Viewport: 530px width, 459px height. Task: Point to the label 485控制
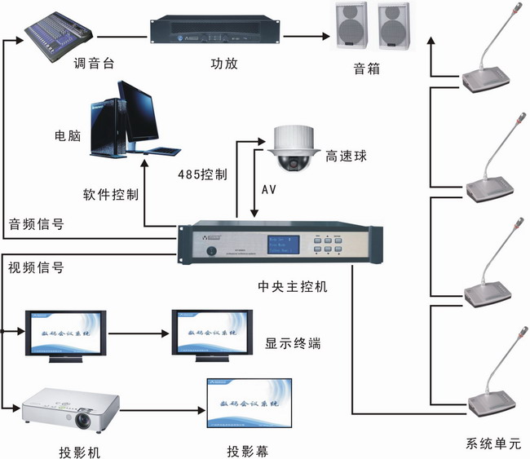pyautogui.click(x=201, y=174)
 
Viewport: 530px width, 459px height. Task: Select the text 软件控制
pyautogui.click(x=109, y=195)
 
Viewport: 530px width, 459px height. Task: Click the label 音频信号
pyautogui.click(x=36, y=223)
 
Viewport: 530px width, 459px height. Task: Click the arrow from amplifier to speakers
pyautogui.click(x=306, y=35)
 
